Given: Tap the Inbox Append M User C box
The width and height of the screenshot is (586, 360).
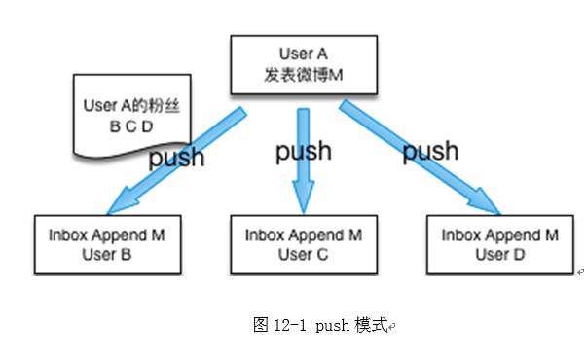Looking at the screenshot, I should [303, 243].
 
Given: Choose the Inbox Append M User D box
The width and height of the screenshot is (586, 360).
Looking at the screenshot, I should [499, 243].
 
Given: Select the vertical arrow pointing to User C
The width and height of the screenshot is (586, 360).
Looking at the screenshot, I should [303, 161].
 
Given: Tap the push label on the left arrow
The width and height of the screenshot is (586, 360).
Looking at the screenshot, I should [177, 158].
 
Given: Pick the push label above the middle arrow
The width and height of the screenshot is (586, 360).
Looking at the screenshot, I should [303, 151].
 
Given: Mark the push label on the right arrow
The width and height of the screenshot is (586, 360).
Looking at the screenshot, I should [430, 151].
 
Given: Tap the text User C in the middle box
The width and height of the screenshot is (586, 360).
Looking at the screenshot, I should [303, 254].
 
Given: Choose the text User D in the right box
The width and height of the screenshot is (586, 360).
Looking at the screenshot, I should [499, 254].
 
